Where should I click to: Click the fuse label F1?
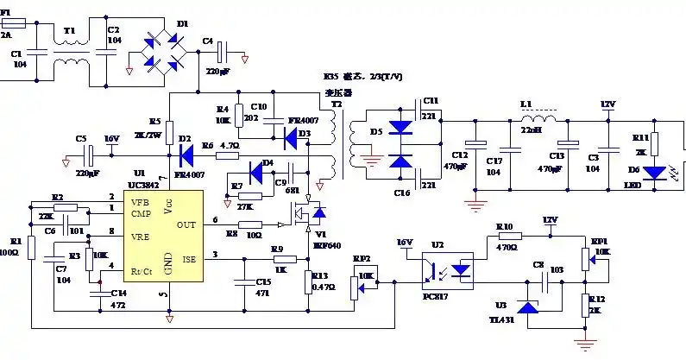point(7,11)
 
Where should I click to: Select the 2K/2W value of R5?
point(148,135)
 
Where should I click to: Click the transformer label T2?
point(337,103)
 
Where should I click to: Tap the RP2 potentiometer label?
point(361,258)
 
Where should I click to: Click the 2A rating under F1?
point(7,36)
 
